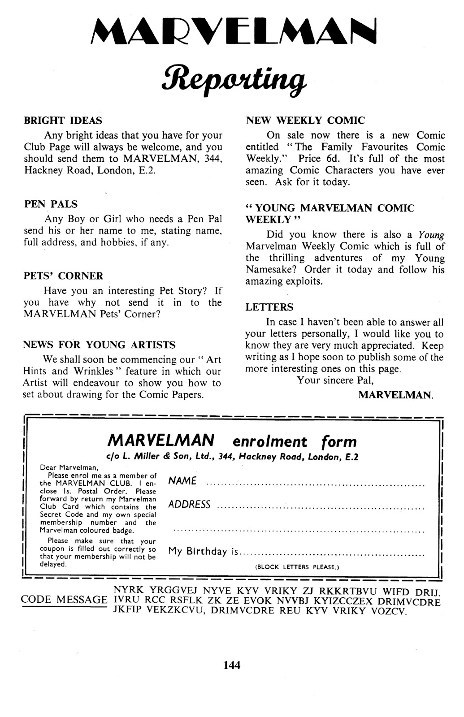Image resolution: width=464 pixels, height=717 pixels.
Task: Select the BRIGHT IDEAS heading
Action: pos(63,121)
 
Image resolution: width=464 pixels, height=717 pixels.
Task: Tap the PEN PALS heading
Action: pos(51,204)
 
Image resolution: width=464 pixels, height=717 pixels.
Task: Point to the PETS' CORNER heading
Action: pos(63,276)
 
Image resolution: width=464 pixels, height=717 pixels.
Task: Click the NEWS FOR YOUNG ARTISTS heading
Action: pos(99,345)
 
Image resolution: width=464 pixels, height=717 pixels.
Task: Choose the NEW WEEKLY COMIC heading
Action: pos(305,121)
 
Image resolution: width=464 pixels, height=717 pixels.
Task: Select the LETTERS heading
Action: pos(269,307)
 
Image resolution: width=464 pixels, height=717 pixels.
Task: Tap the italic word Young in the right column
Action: pos(431,235)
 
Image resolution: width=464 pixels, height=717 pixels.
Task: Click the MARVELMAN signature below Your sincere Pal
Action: pos(395,395)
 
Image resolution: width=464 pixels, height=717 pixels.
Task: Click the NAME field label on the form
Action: pos(182,481)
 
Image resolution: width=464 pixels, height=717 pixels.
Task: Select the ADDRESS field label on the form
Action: pos(189,505)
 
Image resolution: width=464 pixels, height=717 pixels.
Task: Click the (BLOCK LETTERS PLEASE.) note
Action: pos(297,567)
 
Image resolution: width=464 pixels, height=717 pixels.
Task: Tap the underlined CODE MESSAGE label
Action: pos(64,600)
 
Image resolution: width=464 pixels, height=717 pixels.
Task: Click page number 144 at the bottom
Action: pos(232,665)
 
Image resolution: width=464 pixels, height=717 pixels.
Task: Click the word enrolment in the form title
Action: pos(270,442)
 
